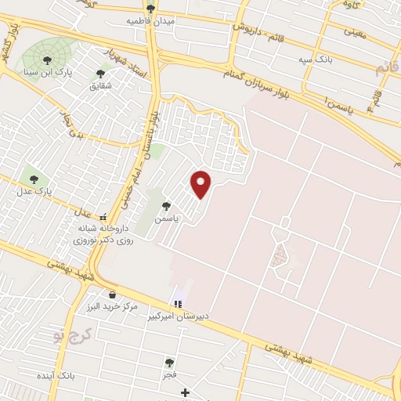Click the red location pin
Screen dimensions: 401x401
click(x=202, y=183)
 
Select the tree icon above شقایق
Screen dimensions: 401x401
click(x=100, y=73)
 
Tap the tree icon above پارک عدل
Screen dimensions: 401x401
click(x=34, y=176)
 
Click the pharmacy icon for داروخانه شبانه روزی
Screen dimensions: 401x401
click(x=103, y=217)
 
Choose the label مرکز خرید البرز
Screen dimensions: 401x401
click(x=114, y=306)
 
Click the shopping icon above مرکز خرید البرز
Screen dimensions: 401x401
click(x=114, y=294)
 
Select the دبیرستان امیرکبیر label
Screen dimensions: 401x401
click(x=181, y=316)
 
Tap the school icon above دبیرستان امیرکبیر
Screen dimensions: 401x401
click(x=179, y=303)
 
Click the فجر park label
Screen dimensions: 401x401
click(x=169, y=375)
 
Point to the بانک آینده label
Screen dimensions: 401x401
click(x=81, y=377)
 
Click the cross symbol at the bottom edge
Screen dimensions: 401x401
click(x=185, y=392)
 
